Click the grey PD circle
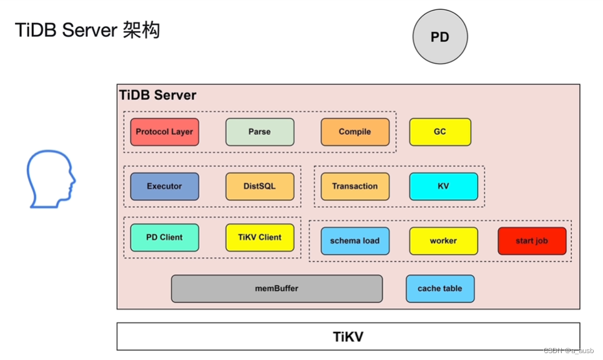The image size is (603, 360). coord(440,37)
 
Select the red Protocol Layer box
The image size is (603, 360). coord(165,132)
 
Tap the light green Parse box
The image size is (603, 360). coord(260,132)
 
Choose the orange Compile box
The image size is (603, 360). coord(355,132)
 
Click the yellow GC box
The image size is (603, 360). coord(440,132)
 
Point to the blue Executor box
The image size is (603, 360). coord(165,186)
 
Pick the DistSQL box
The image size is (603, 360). coord(260,186)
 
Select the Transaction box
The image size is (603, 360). coord(355,186)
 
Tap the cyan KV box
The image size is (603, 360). coord(443,186)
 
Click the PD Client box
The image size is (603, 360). coord(165,237)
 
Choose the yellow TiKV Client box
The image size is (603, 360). coord(260,237)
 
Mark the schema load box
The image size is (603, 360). coord(355,241)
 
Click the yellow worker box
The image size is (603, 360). coord(443,241)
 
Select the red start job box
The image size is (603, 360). coord(532,241)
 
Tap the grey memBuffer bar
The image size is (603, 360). coord(277,288)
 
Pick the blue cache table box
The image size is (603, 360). coord(440,288)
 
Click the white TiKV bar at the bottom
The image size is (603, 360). coord(348,337)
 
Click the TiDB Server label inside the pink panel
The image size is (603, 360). coord(158,95)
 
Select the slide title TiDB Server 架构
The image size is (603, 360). coord(87,29)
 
